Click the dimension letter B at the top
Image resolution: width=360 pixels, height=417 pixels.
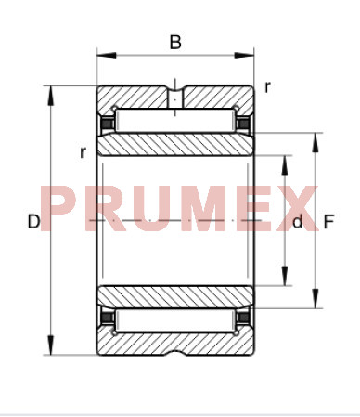coord(175,42)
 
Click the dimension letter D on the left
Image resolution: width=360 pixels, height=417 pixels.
coord(33,222)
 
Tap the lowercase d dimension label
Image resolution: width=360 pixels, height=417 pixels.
coord(298,222)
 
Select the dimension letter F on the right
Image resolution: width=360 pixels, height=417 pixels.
coord(328,222)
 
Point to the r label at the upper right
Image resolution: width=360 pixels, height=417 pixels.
coord(267,87)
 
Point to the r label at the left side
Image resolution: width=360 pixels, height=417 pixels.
coord(83,152)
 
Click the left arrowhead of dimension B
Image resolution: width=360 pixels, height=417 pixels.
coord(107,56)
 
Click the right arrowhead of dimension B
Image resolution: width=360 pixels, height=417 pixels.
coord(244,56)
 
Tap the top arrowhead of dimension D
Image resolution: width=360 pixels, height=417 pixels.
coord(51,96)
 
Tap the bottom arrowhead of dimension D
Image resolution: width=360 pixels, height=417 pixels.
coord(51,345)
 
